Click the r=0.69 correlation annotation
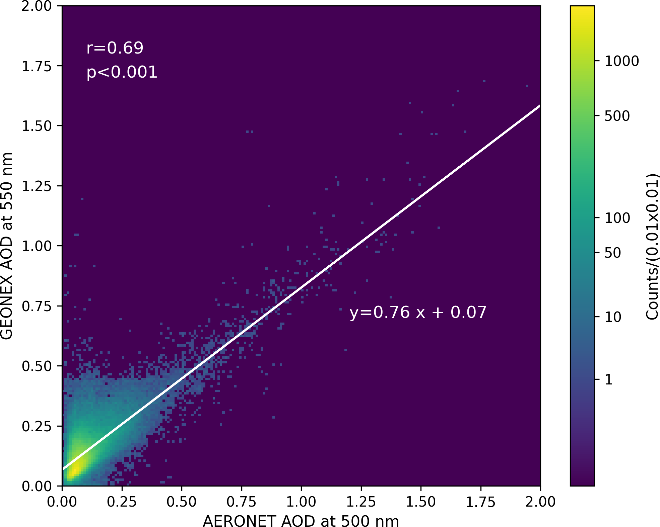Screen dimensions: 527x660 click(115, 48)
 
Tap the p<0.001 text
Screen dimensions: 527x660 click(122, 72)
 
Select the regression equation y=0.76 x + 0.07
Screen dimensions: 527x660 click(418, 313)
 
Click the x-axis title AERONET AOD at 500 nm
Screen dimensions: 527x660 click(301, 521)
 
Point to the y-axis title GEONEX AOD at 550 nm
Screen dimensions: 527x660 click(7, 246)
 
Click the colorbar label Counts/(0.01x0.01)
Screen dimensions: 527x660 click(652, 246)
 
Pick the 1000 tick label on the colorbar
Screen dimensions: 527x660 click(622, 61)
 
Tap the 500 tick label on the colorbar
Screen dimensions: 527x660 click(617, 116)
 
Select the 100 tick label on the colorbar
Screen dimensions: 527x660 click(617, 218)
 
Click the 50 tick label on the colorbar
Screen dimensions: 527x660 click(613, 253)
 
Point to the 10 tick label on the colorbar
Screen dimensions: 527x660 click(613, 317)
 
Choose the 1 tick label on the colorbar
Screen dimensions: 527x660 click(609, 380)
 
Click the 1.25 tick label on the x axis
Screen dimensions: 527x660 click(361, 502)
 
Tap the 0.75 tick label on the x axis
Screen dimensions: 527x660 click(241, 502)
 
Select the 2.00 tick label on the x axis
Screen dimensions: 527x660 click(540, 502)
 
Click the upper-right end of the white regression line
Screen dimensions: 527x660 click(539, 106)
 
